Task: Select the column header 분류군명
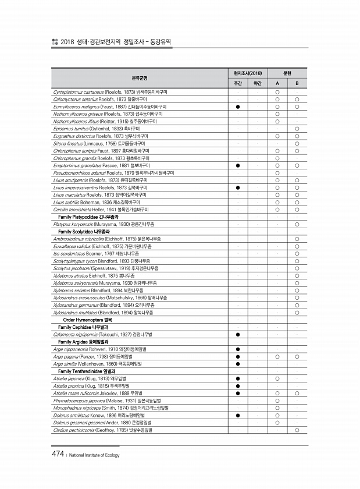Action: click(139, 77)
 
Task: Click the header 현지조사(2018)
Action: click(247, 73)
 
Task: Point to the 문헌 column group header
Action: click(287, 73)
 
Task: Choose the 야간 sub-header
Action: click(257, 83)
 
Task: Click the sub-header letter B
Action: click(297, 83)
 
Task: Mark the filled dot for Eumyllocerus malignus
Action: click(238, 107)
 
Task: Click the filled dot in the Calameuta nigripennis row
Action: click(238, 334)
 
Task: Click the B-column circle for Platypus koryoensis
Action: click(297, 224)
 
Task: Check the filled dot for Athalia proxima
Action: click(238, 386)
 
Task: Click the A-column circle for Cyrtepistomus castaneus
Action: click(277, 92)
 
